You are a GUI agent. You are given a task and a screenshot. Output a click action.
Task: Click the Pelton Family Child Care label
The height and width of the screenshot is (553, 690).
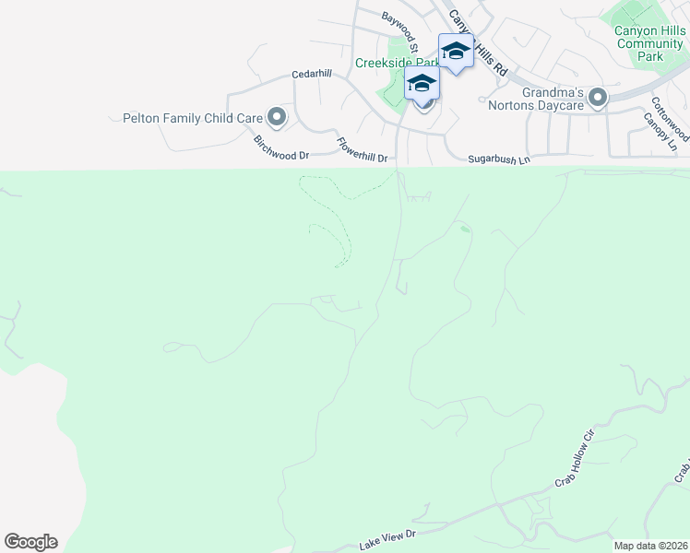coord(193,118)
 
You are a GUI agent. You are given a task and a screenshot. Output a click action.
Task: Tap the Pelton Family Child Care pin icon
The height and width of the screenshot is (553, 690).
coord(276,117)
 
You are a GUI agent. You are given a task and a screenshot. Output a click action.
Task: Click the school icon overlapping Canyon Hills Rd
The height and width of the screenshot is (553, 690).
coord(456,50)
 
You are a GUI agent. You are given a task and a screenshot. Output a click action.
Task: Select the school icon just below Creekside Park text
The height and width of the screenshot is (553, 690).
coord(422,83)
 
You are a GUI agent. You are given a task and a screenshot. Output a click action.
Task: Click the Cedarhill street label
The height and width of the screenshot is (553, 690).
coord(311,74)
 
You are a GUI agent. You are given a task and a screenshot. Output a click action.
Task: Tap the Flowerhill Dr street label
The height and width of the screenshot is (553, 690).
coord(361,151)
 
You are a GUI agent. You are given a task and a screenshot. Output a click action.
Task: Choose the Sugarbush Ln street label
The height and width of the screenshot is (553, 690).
coord(499,159)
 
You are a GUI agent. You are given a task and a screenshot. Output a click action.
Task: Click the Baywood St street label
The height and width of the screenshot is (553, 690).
coord(400,29)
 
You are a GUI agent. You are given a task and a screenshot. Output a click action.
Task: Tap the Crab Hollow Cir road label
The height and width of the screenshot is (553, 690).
coord(577,458)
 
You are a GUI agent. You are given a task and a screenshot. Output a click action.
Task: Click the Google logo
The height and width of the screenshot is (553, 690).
coord(30,542)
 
